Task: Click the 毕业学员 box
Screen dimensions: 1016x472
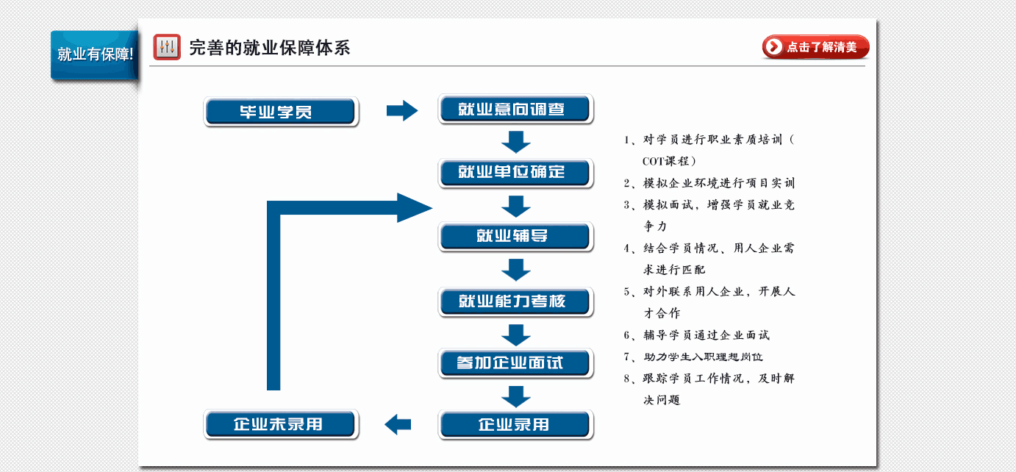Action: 281,112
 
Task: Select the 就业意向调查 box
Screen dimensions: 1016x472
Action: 515,110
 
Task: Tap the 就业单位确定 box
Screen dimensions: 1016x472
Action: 515,173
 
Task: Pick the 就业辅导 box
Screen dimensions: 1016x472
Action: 515,236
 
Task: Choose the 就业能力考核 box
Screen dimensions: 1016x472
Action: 515,301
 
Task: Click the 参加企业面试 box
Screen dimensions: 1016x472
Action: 515,363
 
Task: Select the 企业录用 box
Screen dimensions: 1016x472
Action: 515,425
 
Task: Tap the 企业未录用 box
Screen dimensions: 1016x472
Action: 281,424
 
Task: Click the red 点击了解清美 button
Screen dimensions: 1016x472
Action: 815,47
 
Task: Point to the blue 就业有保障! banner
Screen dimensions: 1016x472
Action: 95,55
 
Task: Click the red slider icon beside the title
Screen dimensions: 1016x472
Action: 167,47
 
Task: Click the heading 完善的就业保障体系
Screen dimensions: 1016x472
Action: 269,48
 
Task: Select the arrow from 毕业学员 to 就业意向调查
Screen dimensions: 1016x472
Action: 402,110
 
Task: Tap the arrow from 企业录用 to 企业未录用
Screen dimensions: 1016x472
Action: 398,424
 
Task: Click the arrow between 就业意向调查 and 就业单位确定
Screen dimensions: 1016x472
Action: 515,142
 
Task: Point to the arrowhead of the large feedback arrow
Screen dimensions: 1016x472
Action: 414,207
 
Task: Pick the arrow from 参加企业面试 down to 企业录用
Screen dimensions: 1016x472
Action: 515,397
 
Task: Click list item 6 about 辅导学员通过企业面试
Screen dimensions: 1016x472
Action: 696,335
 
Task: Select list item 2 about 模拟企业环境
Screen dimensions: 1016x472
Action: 709,183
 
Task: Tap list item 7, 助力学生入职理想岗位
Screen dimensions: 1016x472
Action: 693,357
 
